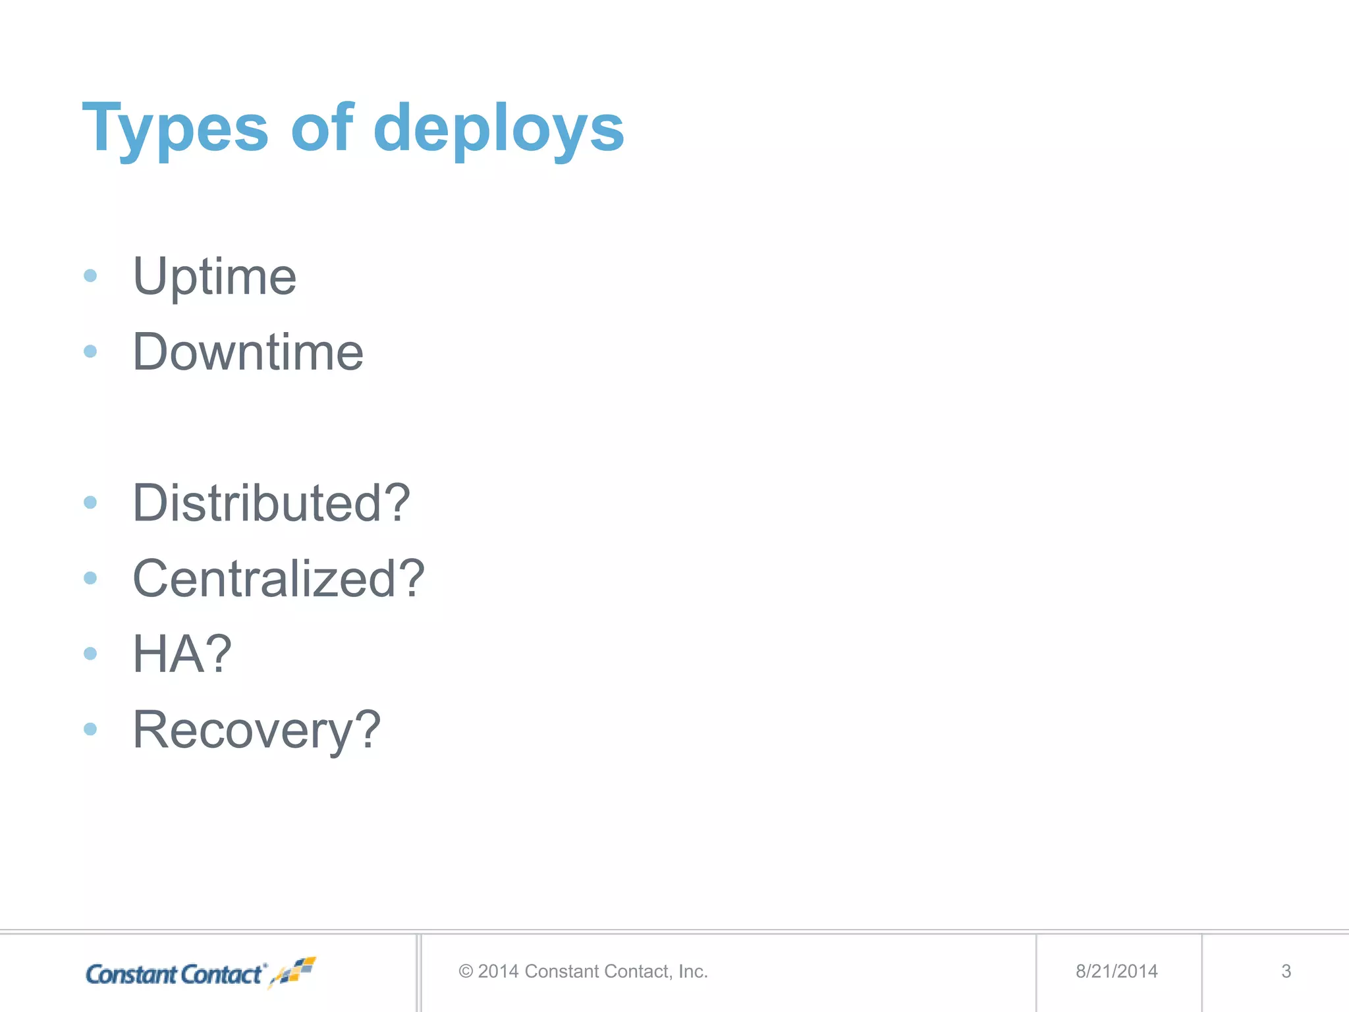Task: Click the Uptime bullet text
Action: click(x=215, y=277)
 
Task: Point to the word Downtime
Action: click(x=248, y=352)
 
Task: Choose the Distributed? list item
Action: click(x=271, y=503)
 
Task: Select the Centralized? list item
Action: click(x=279, y=579)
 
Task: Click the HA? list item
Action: click(x=182, y=654)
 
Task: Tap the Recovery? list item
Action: click(x=257, y=730)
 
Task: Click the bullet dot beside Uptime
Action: click(x=90, y=276)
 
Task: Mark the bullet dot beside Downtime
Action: click(x=90, y=352)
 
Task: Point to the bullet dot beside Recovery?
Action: click(x=90, y=729)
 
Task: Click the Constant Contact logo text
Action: click(x=175, y=974)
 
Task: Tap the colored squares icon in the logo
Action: click(x=296, y=971)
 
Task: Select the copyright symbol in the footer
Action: click(x=466, y=972)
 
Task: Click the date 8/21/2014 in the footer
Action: click(x=1116, y=971)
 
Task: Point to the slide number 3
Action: click(x=1286, y=971)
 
